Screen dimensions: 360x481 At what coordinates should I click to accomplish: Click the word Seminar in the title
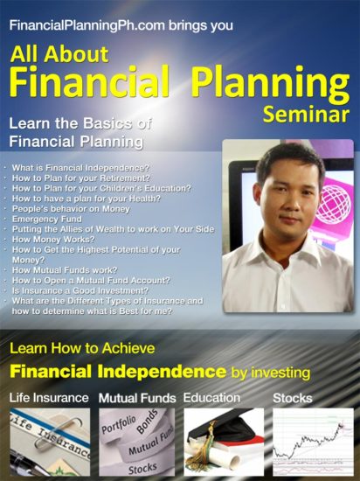[x=306, y=115]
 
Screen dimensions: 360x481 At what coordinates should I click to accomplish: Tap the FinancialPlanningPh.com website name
[x=87, y=25]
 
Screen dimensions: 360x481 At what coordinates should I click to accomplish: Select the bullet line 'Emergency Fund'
[x=47, y=219]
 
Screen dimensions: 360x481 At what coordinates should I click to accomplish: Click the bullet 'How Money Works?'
[x=53, y=240]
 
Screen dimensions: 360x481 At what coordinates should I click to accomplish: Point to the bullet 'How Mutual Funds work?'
[x=65, y=270]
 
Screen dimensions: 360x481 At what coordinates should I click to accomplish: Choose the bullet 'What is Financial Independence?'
[x=80, y=168]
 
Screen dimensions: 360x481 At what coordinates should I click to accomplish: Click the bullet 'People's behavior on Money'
[x=71, y=209]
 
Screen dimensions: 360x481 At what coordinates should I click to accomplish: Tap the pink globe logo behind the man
[x=334, y=204]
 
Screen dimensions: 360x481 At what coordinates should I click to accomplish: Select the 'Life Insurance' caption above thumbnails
[x=49, y=398]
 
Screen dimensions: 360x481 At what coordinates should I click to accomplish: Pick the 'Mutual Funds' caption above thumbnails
[x=137, y=398]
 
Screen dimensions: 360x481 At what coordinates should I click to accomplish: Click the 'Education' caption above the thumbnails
[x=211, y=398]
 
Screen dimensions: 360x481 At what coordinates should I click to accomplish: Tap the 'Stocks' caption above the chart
[x=293, y=398]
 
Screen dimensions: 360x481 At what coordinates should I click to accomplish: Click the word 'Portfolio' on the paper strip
[x=119, y=424]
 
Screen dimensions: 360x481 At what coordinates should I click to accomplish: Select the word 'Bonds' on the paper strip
[x=148, y=422]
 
